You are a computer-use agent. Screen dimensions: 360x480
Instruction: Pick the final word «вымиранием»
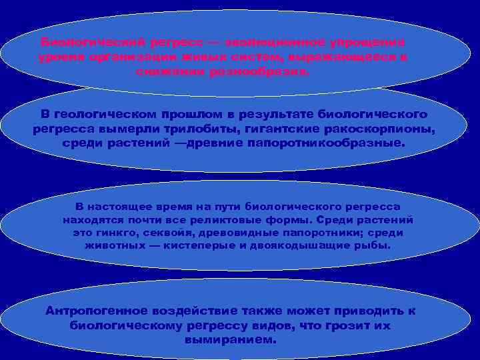[x=228, y=339]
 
